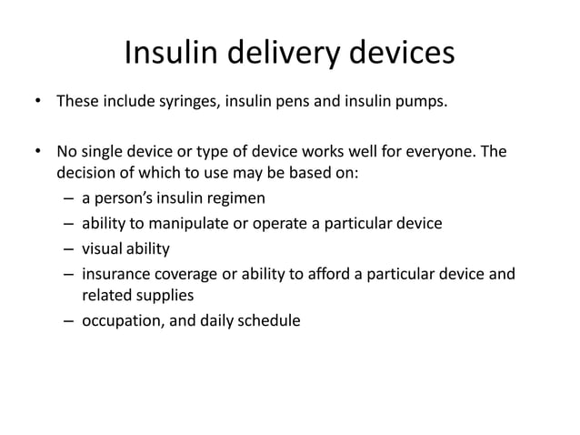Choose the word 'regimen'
tap(234, 198)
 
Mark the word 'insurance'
tap(116, 272)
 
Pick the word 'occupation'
tap(121, 319)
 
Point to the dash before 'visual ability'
tap(70, 248)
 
